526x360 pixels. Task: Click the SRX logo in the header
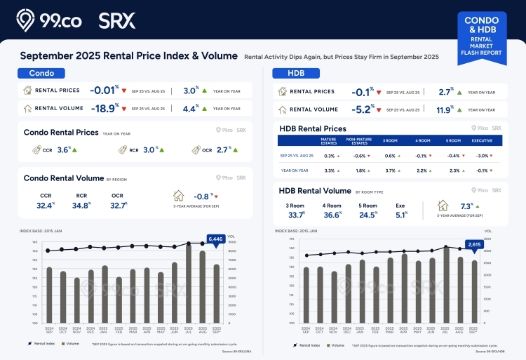[x=117, y=20]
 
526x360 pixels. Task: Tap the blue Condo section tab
[x=41, y=73]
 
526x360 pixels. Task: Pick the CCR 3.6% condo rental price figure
[x=64, y=149]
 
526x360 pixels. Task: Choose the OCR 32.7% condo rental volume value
[x=118, y=206]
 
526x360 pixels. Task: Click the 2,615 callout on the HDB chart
[x=474, y=244]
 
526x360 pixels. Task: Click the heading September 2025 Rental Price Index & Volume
[x=129, y=56]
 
